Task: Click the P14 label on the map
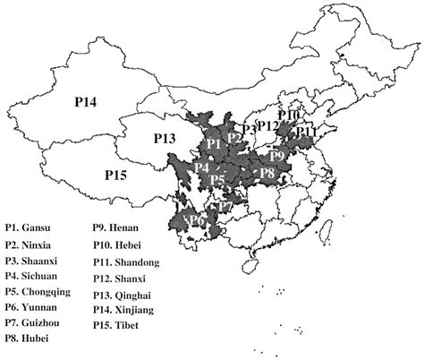point(91,103)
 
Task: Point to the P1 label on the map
point(213,143)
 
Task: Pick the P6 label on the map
point(198,219)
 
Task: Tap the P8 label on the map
point(267,172)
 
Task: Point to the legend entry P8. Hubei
point(28,338)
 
